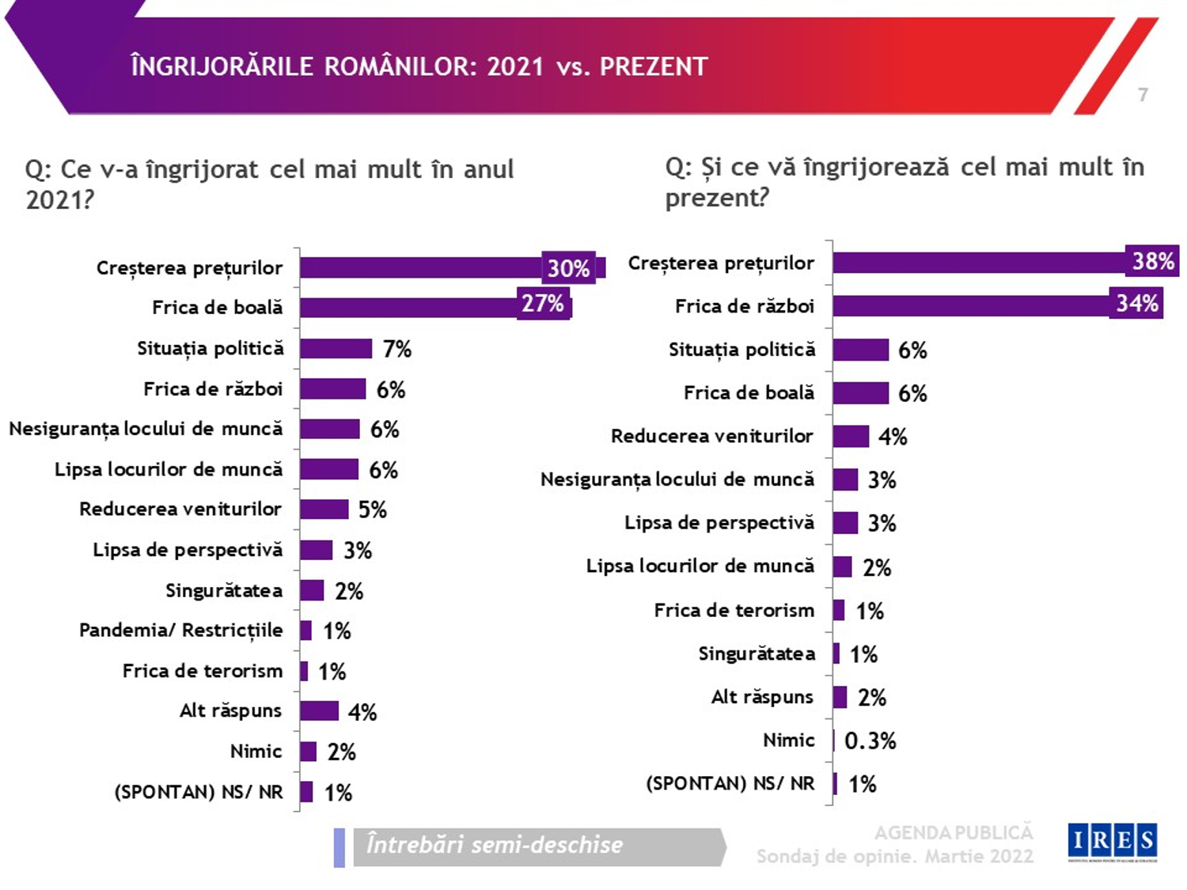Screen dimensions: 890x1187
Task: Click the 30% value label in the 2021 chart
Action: [568, 268]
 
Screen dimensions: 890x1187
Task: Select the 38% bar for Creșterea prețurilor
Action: [978, 263]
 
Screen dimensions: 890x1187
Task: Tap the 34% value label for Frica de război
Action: [1137, 304]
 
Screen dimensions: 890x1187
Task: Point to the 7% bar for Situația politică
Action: [336, 349]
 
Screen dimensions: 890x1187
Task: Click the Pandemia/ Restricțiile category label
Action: [180, 631]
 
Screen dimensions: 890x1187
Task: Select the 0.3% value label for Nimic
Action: [870, 741]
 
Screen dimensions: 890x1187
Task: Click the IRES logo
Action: [1112, 841]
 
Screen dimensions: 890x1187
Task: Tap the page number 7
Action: [1143, 95]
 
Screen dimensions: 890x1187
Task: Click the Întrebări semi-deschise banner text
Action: [495, 846]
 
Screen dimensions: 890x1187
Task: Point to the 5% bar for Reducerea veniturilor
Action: [324, 509]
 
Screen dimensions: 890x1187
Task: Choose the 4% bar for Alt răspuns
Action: [319, 711]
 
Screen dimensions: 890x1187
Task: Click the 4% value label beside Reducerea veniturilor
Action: [893, 437]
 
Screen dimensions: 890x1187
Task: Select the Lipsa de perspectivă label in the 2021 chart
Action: [188, 550]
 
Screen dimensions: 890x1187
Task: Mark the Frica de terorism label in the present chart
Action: [734, 610]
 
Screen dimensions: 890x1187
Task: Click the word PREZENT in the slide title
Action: [654, 66]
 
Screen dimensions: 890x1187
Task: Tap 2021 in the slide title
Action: [515, 66]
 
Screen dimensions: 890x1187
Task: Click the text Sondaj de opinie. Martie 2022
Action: [894, 857]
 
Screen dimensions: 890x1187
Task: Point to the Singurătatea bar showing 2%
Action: [312, 590]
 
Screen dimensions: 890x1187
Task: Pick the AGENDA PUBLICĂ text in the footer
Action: [953, 832]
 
